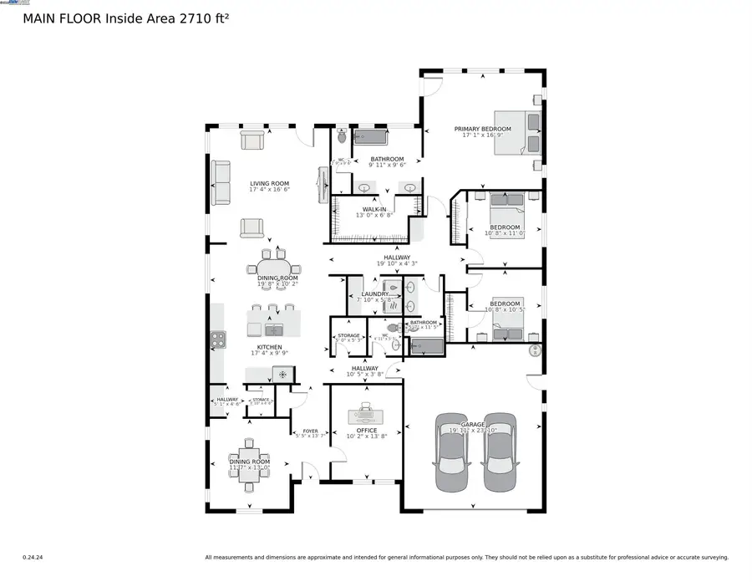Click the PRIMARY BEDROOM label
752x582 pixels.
click(482, 129)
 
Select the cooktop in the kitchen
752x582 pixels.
click(217, 339)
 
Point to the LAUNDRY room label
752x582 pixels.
click(375, 294)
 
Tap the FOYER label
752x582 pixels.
click(310, 431)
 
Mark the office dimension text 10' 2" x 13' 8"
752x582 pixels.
click(365, 437)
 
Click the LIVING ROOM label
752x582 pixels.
click(269, 183)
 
